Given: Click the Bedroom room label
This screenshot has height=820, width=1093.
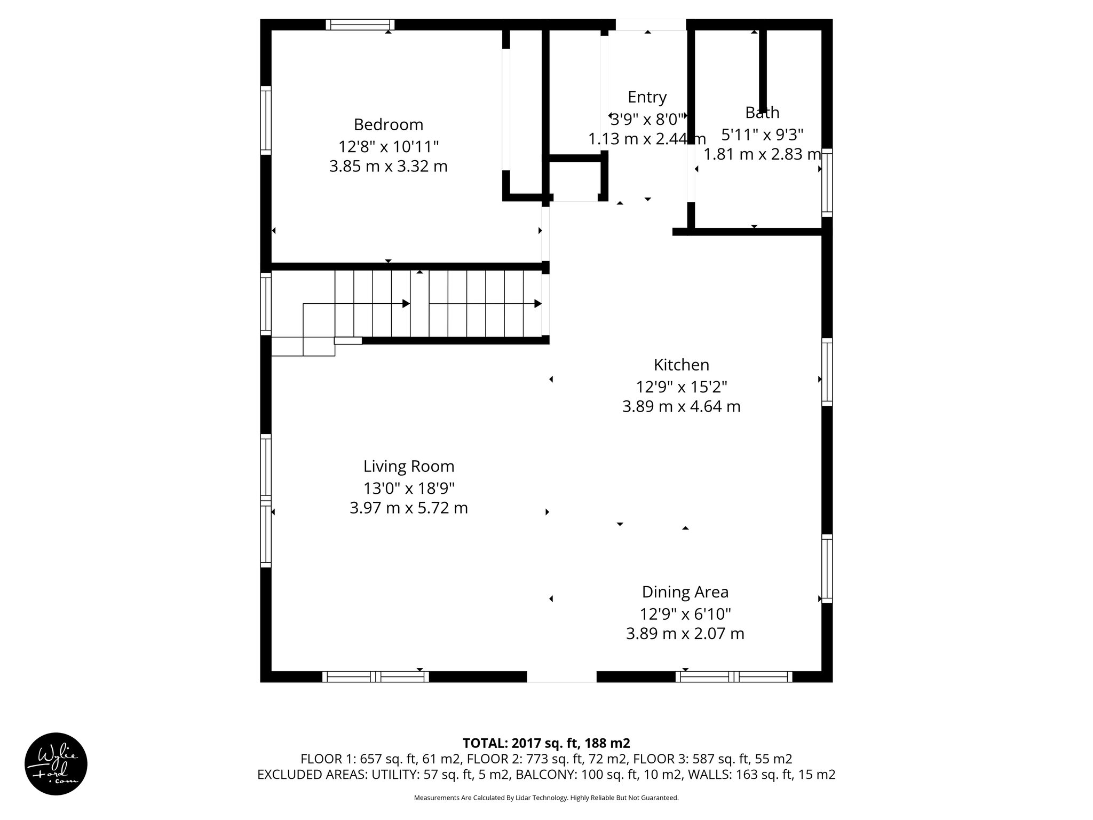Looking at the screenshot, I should (x=388, y=124).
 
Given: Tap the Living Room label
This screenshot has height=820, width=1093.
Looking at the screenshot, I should (x=409, y=466).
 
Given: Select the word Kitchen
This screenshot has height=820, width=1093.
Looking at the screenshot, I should (x=681, y=365).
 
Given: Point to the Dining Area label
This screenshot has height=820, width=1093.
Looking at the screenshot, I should (x=685, y=592).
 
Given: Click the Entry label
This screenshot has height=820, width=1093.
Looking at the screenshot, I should (x=647, y=97).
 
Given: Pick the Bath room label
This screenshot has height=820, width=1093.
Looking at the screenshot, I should (x=762, y=113).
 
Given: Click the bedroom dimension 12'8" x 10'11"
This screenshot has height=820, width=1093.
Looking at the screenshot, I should (x=388, y=146).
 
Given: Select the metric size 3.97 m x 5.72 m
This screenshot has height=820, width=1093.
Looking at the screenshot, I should (x=409, y=508).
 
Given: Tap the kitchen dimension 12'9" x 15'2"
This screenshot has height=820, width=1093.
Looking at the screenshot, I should (x=681, y=386).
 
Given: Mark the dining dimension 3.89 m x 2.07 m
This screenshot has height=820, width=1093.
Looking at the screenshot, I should (x=685, y=634).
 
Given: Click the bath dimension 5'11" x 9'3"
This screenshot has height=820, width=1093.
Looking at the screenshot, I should (x=762, y=133).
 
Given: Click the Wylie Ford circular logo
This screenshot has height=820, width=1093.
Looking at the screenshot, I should (x=56, y=764).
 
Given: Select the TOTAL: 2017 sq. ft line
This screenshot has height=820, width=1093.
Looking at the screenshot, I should (x=546, y=743).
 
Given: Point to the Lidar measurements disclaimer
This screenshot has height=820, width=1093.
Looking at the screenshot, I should (x=546, y=798).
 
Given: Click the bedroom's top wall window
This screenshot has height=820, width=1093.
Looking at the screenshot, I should (x=360, y=25).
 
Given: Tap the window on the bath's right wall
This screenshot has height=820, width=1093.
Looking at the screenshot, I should (x=827, y=183).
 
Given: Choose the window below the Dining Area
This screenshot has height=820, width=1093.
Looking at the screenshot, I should (x=734, y=676).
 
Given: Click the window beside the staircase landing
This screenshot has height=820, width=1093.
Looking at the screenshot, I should (x=266, y=303).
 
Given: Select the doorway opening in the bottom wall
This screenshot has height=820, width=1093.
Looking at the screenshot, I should (x=561, y=676).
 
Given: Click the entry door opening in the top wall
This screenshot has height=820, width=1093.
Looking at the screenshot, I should (x=651, y=25).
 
